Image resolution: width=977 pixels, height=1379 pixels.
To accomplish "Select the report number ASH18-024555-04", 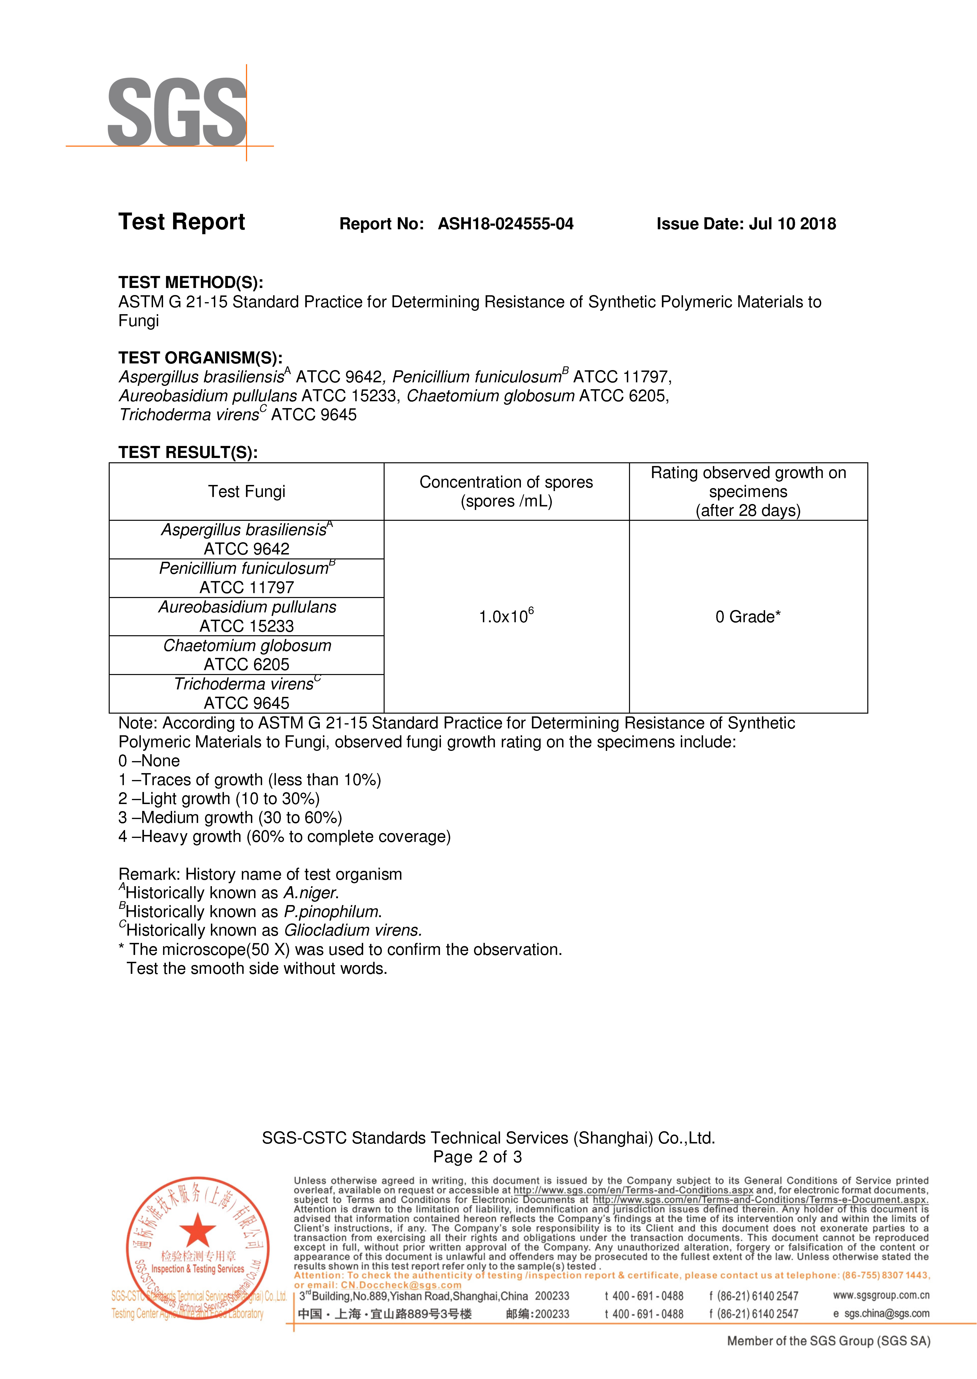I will [505, 224].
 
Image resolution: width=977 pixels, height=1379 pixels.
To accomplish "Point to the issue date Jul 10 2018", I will [792, 224].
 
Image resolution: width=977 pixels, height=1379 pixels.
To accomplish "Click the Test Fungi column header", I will [247, 492].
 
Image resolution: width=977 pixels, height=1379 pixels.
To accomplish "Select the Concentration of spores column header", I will [506, 492].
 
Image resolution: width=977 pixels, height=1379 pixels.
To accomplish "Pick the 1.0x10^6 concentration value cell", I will [506, 617].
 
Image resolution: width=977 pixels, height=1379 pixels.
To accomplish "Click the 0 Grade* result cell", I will [748, 617].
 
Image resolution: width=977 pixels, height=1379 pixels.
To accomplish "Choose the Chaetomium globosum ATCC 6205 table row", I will [247, 655].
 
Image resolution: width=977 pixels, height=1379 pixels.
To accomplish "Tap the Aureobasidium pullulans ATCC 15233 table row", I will [247, 617].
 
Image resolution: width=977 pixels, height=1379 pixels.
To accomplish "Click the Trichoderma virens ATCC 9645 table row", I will [247, 694].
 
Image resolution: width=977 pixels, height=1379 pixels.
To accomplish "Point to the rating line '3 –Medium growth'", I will [230, 818].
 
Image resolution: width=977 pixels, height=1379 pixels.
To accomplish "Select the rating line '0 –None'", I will [149, 761].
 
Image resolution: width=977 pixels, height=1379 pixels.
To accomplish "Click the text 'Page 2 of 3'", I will [478, 1157].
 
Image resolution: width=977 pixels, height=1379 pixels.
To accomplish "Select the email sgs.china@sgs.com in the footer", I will [886, 1314].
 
